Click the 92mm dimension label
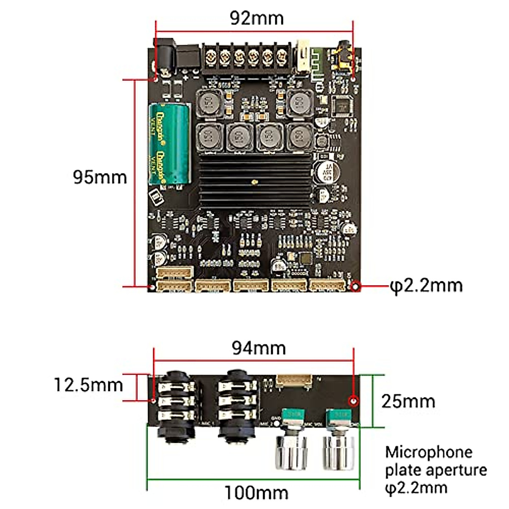click(257, 18)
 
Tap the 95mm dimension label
click(100, 177)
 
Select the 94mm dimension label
click(259, 348)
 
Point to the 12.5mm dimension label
click(88, 385)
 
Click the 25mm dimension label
click(408, 401)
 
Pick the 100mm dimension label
click(256, 493)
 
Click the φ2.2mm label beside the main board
click(427, 286)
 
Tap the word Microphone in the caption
click(429, 452)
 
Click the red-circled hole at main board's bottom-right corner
click(356, 286)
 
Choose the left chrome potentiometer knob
click(291, 452)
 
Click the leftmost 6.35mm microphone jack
click(176, 403)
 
